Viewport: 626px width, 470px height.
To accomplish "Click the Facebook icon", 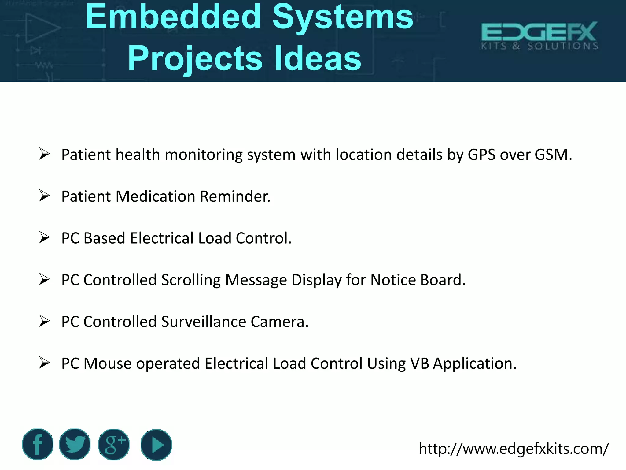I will pos(38,444).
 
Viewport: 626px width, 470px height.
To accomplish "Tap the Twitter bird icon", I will pos(75,444).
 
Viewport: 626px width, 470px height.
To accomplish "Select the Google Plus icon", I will pos(114,444).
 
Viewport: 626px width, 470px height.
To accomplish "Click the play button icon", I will pos(156,445).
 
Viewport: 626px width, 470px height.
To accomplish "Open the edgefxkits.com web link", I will pos(514,449).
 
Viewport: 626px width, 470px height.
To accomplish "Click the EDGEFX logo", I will pos(539,35).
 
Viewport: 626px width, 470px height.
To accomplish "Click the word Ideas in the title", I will pos(318,58).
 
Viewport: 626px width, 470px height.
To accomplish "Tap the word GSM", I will pos(553,155).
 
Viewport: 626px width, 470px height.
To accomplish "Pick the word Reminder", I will pos(235,196).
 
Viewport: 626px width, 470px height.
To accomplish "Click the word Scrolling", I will pos(191,280).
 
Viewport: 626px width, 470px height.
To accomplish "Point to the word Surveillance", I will pos(204,322).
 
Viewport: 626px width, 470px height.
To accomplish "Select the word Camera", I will pos(279,322).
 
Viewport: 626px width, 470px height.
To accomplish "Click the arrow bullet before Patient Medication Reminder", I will pos(44,196).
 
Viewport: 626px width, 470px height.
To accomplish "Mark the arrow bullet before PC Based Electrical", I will pos(44,237).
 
